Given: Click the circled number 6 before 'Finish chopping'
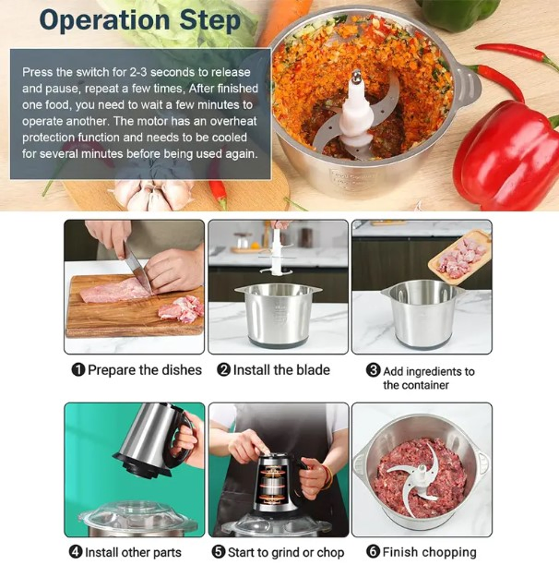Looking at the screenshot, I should tap(364, 552).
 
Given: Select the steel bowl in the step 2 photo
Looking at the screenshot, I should tap(279, 314).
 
